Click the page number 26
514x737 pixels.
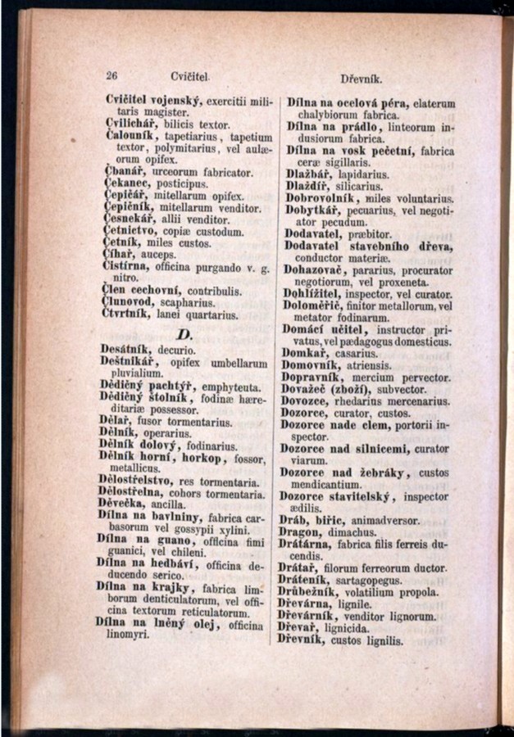(x=113, y=75)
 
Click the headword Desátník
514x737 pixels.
(x=132, y=350)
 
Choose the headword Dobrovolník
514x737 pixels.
(x=327, y=197)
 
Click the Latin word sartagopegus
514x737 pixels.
(x=380, y=580)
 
